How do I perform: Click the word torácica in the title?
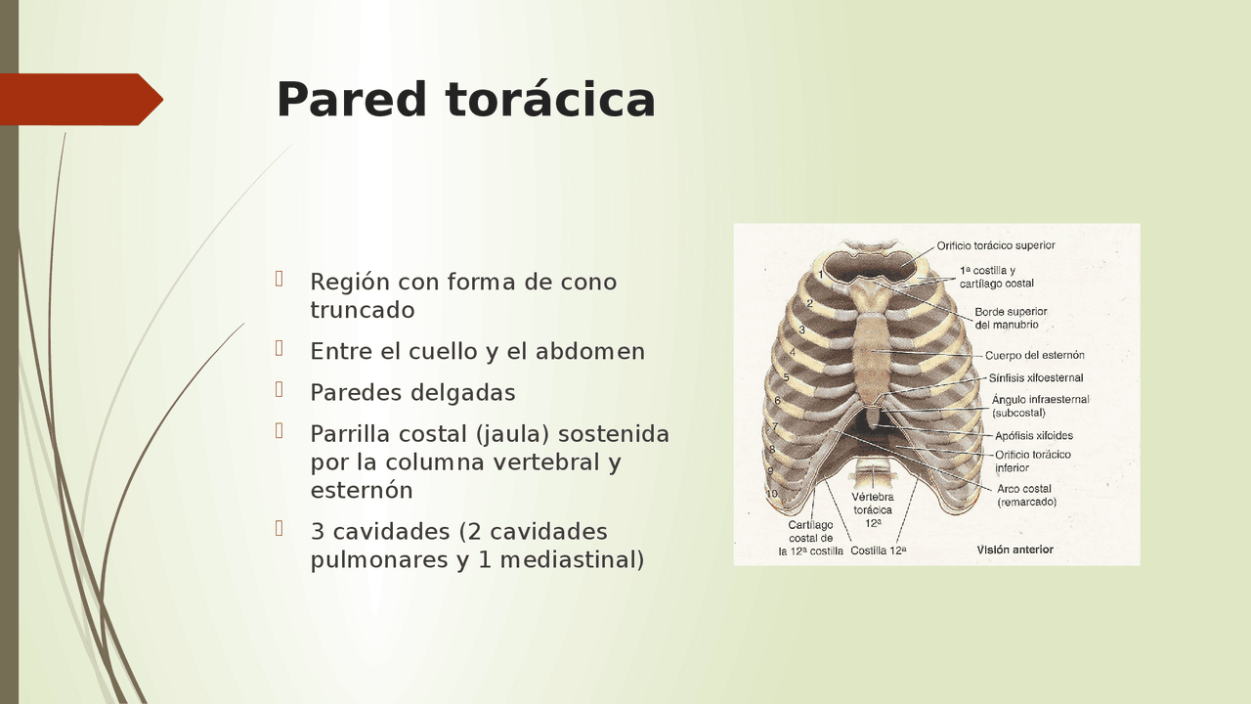550,100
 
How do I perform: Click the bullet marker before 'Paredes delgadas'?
280,389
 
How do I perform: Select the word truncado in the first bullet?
363,310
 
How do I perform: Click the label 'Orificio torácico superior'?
995,245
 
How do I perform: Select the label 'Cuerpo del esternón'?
1034,355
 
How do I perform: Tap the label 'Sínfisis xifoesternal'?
1035,378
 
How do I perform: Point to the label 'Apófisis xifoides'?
1034,436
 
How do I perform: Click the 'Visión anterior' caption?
1014,550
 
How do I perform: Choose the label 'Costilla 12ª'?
878,550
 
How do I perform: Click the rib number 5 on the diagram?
786,377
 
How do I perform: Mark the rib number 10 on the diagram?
772,494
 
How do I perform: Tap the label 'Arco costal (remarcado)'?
1025,495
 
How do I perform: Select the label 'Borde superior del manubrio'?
1011,318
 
